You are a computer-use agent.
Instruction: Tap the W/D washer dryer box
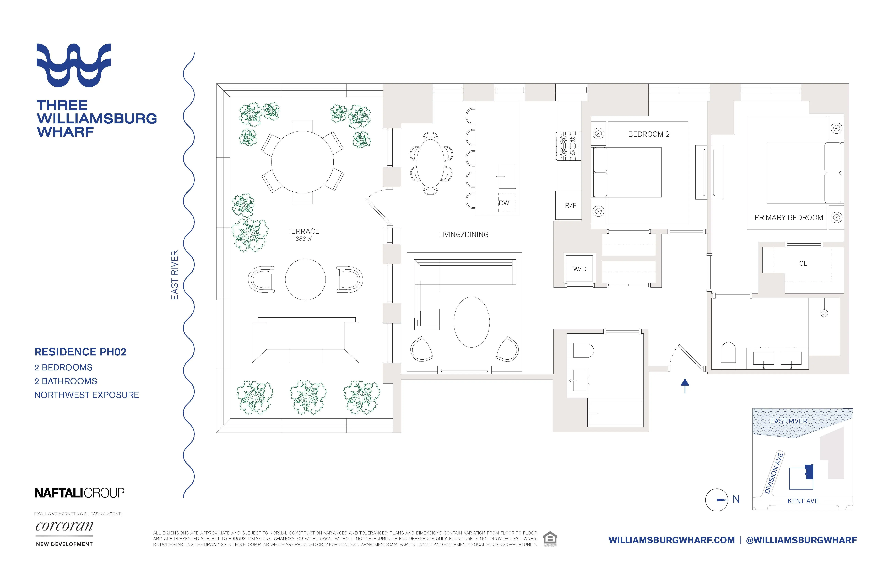pos(579,269)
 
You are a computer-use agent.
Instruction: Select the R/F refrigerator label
pos(570,205)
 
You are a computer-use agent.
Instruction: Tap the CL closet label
pos(803,263)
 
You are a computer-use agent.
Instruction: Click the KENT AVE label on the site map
pos(803,501)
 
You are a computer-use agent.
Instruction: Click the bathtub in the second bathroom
pos(615,412)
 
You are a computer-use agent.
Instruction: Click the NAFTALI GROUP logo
pos(79,493)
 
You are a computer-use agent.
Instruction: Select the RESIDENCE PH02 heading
pos(80,352)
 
